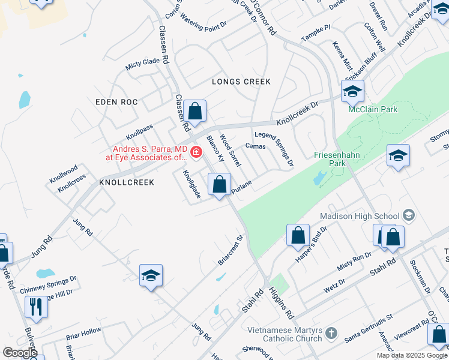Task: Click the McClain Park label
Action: (x=373, y=109)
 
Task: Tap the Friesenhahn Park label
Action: (x=336, y=158)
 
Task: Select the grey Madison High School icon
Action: (x=409, y=215)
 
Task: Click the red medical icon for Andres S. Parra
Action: (x=196, y=154)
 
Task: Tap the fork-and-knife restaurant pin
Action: (x=36, y=307)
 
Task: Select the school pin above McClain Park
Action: (x=352, y=91)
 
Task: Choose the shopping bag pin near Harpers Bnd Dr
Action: (x=298, y=235)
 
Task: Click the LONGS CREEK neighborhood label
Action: (x=241, y=82)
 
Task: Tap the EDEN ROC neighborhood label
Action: (x=116, y=103)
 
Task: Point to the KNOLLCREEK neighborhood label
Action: (x=127, y=182)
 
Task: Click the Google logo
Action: (x=20, y=352)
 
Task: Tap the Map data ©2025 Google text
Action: (x=412, y=355)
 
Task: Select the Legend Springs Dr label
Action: (x=274, y=150)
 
